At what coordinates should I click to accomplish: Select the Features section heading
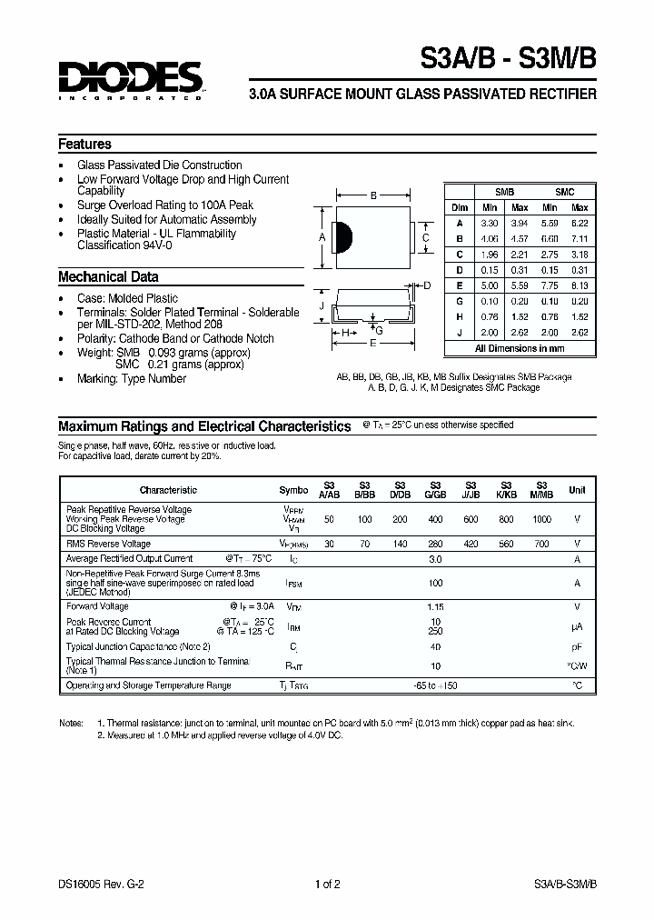point(84,145)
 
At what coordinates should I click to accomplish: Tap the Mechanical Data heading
point(108,277)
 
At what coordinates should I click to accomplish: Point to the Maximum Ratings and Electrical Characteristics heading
point(204,425)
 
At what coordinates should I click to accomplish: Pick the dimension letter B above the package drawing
point(373,195)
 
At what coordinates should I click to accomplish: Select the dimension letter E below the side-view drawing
point(372,344)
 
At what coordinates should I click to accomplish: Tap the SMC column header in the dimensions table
point(564,193)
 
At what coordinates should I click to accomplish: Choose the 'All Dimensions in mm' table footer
point(520,348)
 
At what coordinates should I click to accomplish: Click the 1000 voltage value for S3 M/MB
point(541,518)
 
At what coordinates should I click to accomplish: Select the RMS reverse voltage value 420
point(471,543)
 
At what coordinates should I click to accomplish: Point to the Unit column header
point(577,490)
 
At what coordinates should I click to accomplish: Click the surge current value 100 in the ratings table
point(435,582)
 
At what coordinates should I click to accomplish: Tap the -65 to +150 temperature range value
point(435,685)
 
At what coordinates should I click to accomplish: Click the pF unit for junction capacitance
point(577,646)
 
